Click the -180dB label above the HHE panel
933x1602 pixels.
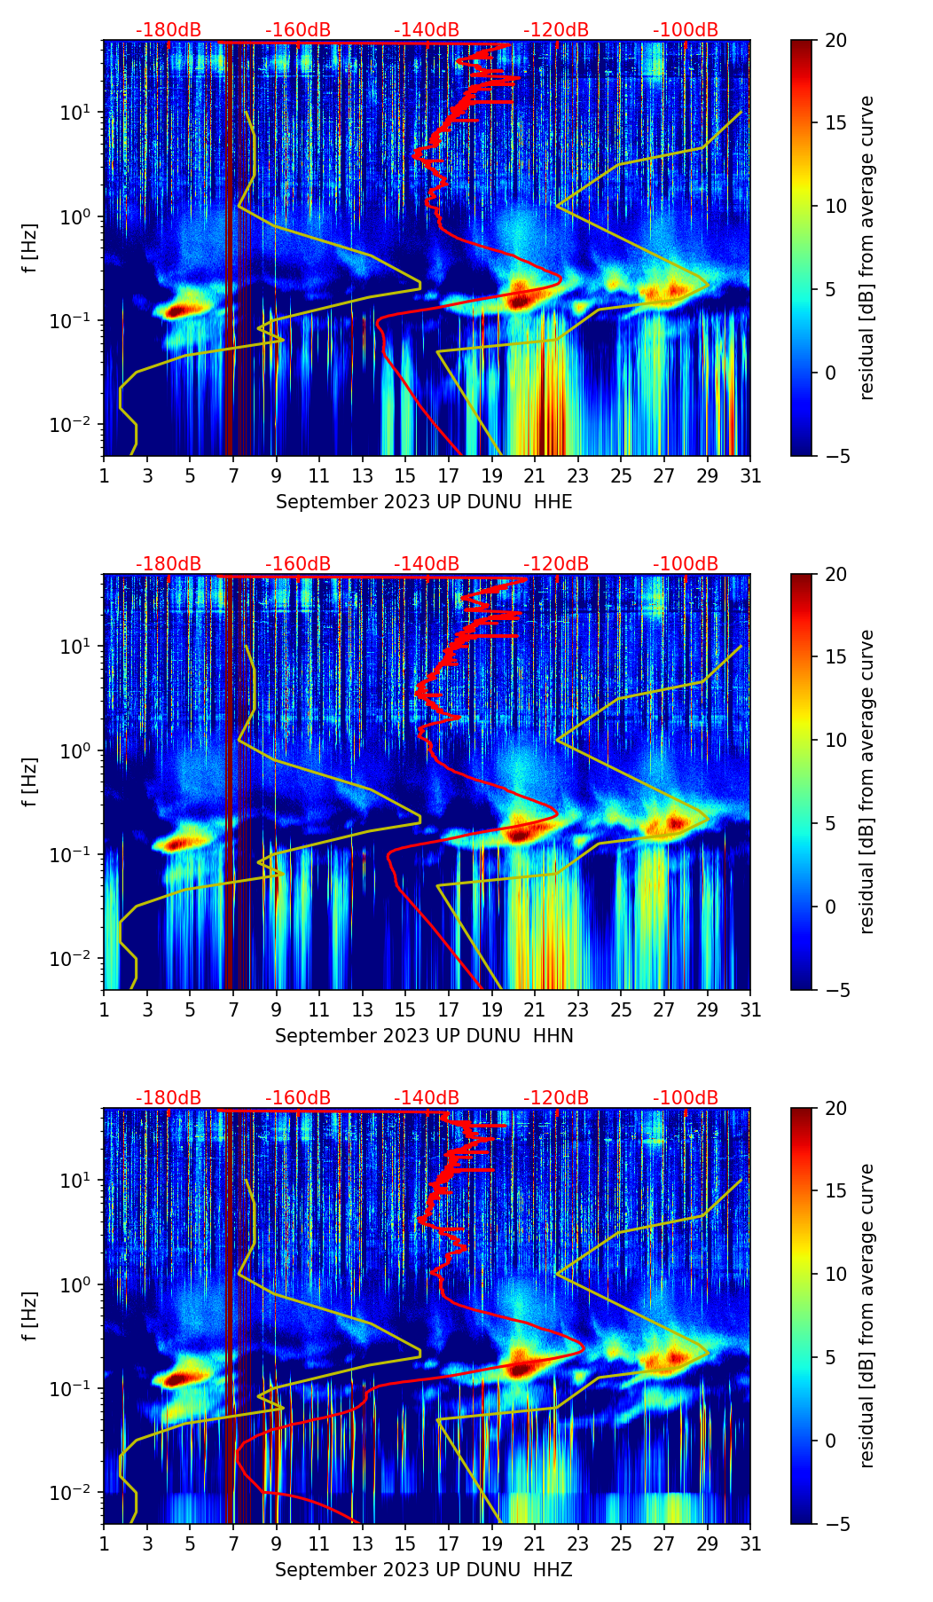click(169, 30)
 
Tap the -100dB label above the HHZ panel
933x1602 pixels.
click(686, 1098)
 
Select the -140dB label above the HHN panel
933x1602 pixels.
click(427, 564)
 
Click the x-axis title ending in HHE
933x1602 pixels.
click(424, 502)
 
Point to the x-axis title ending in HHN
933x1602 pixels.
click(424, 1036)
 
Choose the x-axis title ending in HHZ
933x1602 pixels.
click(424, 1570)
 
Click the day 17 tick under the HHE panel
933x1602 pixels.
click(449, 475)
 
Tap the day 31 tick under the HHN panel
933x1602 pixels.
click(750, 1009)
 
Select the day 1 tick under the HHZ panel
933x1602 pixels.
click(104, 1543)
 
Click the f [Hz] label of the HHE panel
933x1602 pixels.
click(30, 248)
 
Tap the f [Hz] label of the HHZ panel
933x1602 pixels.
click(30, 1316)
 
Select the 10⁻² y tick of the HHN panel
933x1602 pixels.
click(73, 959)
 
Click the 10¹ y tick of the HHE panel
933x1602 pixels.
click(74, 113)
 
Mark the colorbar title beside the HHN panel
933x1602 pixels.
click(867, 781)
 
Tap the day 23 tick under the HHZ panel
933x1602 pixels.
click(578, 1543)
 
